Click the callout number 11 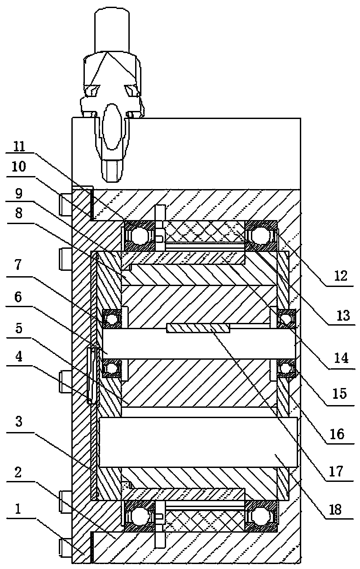point(19,146)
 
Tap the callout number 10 point(18,167)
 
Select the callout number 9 point(19,194)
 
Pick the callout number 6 point(18,297)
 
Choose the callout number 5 point(18,328)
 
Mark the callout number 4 point(18,357)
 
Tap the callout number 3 point(18,421)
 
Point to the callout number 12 point(340,276)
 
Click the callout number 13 point(343,315)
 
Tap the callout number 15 point(340,393)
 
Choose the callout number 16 point(338,434)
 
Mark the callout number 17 point(336,471)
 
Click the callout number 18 point(335,509)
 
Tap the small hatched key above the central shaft point(198,328)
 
